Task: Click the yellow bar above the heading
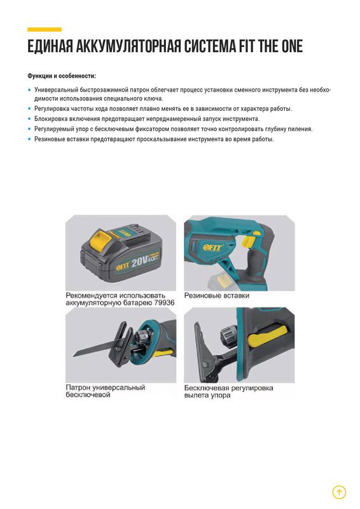point(45,29)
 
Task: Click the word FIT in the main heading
point(247,46)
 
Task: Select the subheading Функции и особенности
point(62,76)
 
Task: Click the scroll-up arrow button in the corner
point(339,492)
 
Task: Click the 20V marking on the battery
point(139,261)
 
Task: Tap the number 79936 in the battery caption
point(164,303)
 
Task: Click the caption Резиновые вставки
point(217,296)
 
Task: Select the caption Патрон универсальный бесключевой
point(106,391)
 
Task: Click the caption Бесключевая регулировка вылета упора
point(228,391)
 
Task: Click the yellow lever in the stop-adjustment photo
point(267,337)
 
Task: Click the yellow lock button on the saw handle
point(247,241)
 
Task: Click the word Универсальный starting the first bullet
point(57,90)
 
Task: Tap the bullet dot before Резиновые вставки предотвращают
point(29,139)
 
